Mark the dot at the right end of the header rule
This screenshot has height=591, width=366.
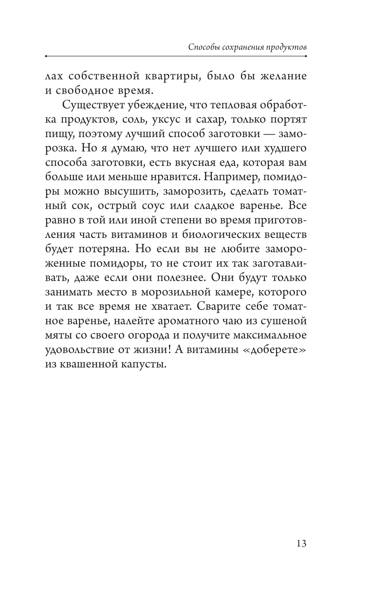306,56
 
